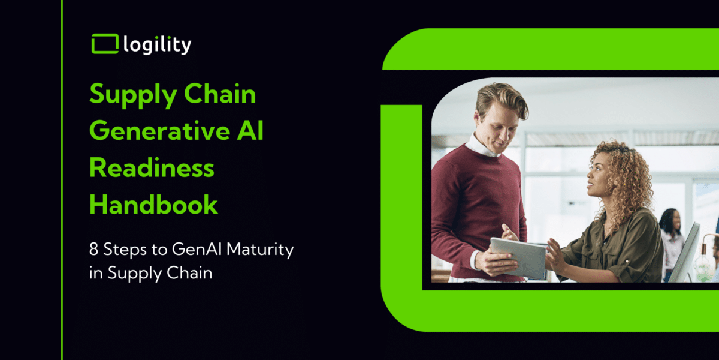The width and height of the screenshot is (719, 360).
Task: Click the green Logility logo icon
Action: pyautogui.click(x=105, y=44)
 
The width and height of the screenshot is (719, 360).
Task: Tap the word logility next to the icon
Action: pyautogui.click(x=157, y=44)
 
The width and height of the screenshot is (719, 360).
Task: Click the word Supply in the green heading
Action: pyautogui.click(x=133, y=95)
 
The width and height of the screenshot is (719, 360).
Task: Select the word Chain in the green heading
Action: pyautogui.click(x=220, y=94)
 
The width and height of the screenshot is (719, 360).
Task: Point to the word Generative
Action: pyautogui.click(x=160, y=131)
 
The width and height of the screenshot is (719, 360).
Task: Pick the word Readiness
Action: pyautogui.click(x=152, y=167)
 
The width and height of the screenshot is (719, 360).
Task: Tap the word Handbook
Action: pyautogui.click(x=154, y=204)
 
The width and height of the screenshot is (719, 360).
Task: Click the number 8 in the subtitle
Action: pyautogui.click(x=93, y=249)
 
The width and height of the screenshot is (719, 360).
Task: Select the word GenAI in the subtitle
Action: pyautogui.click(x=197, y=249)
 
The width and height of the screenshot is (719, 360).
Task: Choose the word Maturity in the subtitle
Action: pyautogui.click(x=260, y=250)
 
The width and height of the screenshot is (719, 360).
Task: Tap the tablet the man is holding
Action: pyautogui.click(x=518, y=258)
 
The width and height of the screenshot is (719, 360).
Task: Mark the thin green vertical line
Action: pyautogui.click(x=62, y=180)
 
